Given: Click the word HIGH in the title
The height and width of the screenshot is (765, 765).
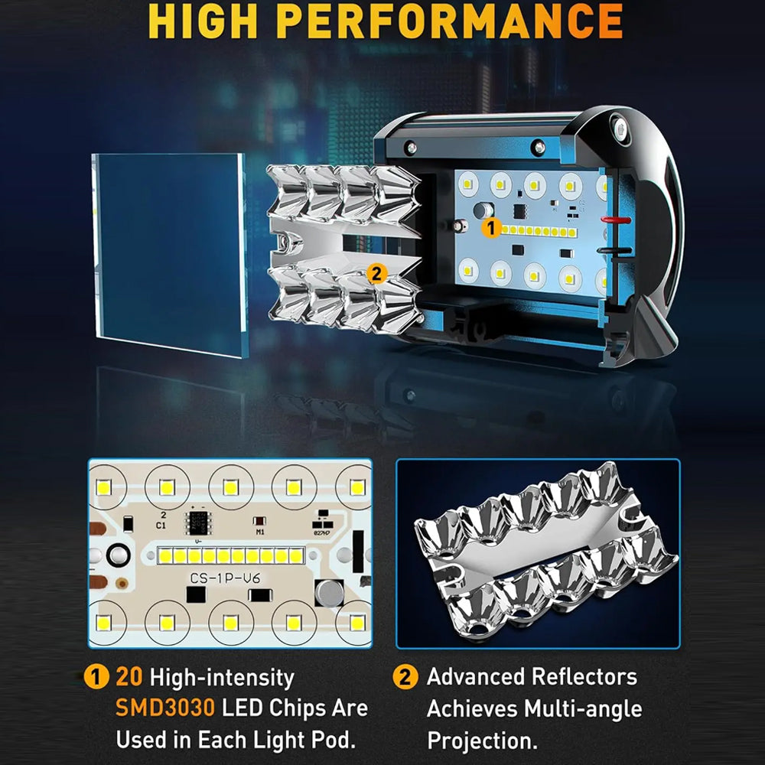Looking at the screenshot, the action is click(x=204, y=21).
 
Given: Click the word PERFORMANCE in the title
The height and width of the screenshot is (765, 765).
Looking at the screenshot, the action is click(x=449, y=21).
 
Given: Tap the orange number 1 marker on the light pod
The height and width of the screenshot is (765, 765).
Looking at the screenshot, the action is click(x=491, y=228).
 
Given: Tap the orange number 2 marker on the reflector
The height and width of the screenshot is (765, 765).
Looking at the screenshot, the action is click(x=376, y=274).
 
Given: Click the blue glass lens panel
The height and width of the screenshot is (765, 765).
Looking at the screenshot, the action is click(x=170, y=254).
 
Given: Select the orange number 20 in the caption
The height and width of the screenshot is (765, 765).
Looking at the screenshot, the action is click(x=129, y=677).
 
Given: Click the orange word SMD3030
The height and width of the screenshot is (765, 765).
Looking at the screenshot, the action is click(x=165, y=708).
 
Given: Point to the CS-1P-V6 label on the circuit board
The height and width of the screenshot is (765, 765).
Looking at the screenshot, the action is click(x=225, y=578).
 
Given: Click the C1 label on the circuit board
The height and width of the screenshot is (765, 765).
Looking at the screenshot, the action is click(x=161, y=526).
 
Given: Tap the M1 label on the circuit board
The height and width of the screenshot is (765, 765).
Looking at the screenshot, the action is click(x=260, y=532).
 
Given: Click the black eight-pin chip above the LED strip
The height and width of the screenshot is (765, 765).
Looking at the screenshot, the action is click(x=197, y=522).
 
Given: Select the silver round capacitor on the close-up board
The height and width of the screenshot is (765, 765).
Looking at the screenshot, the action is click(x=329, y=592).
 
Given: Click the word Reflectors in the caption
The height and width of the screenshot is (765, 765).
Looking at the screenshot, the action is click(x=584, y=677).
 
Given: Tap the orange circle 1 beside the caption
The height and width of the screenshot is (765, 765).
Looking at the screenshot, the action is click(x=96, y=677).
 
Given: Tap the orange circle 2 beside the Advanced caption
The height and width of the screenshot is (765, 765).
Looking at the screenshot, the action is click(x=405, y=677).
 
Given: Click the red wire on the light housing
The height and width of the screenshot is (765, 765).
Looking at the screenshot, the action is click(x=615, y=220).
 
